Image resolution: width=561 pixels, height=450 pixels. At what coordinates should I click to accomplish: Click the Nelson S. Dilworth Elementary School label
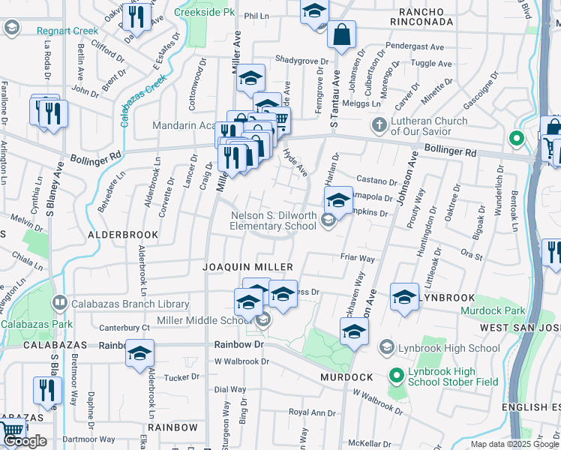coord(273,220)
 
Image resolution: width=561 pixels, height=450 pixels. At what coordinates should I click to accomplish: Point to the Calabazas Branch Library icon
coord(58,303)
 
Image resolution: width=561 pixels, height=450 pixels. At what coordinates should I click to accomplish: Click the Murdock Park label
coord(493,310)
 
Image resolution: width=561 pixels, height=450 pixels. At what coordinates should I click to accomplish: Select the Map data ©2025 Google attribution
coord(514,444)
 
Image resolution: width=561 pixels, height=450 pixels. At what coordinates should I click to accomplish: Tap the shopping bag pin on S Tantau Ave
coord(341,34)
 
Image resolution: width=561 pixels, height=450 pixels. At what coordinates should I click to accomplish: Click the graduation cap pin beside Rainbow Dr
coord(139,353)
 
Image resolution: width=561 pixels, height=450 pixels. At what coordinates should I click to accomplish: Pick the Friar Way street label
coord(358,258)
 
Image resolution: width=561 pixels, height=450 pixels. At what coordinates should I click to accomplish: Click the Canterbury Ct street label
coord(125,327)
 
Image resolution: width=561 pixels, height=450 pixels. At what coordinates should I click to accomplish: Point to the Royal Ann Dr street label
coord(313,412)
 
